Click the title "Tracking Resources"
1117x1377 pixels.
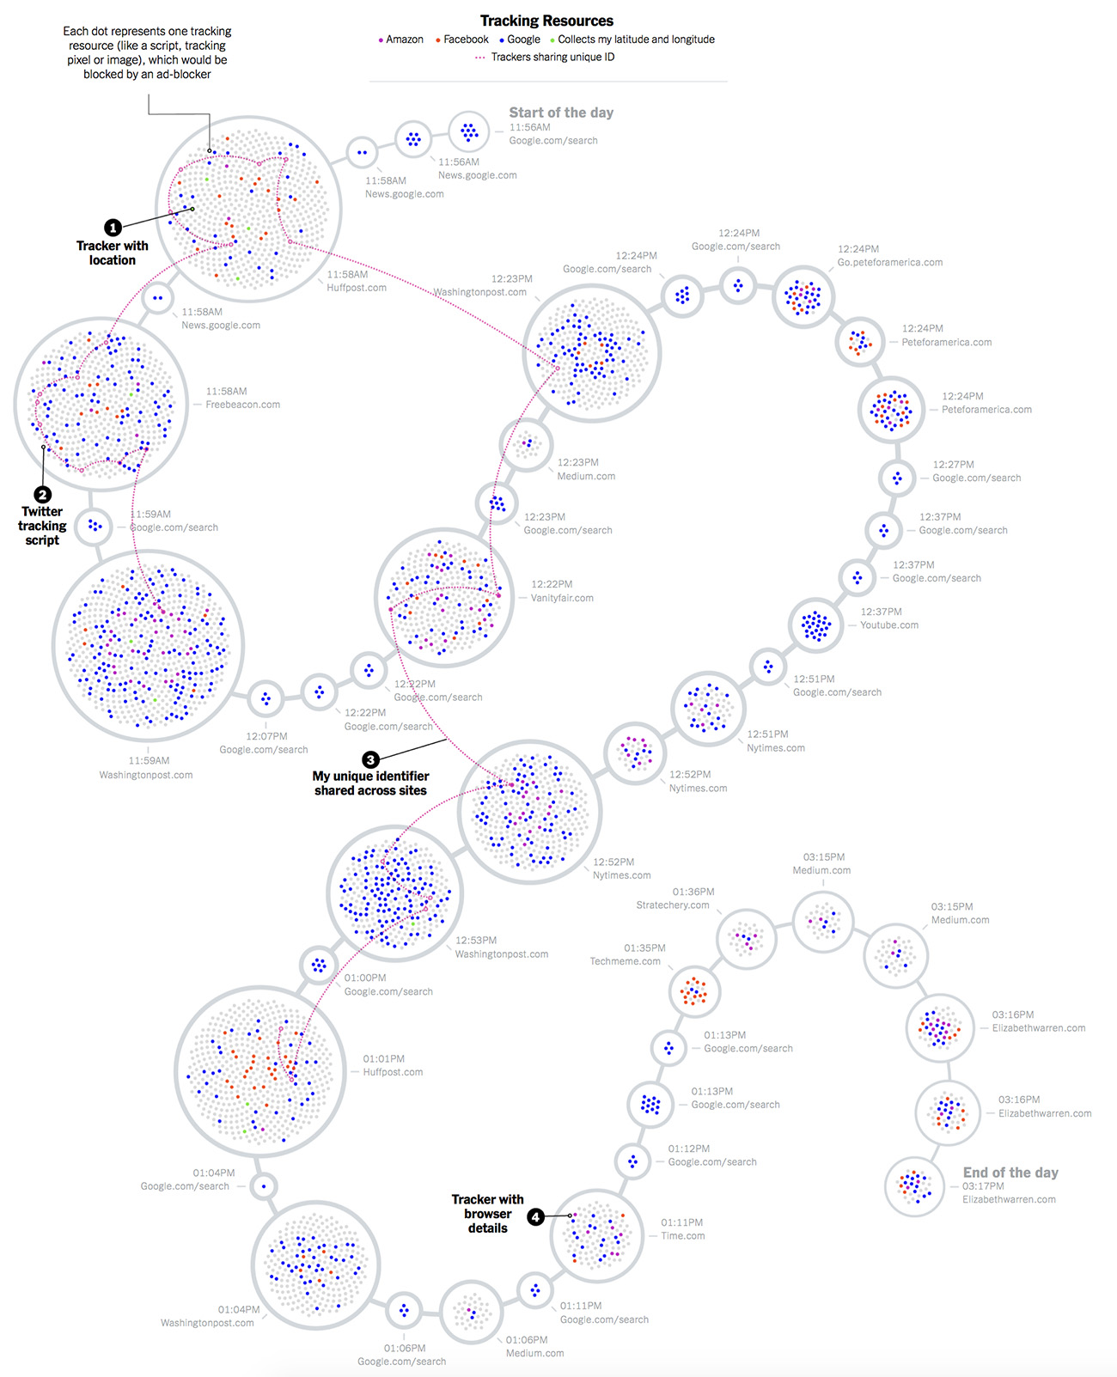click(546, 21)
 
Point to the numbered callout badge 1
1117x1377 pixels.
click(113, 228)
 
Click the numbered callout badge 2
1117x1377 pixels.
click(42, 495)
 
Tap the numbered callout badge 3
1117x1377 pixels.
click(370, 759)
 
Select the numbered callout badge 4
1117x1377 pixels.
click(535, 1217)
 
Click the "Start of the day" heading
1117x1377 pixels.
click(561, 113)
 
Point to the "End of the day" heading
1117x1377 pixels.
click(1010, 1173)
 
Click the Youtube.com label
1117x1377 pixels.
click(889, 625)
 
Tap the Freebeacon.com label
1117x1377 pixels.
click(242, 405)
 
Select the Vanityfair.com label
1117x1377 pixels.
click(562, 598)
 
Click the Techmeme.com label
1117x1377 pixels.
click(625, 961)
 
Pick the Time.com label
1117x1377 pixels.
click(683, 1236)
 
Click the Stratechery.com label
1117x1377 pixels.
click(673, 905)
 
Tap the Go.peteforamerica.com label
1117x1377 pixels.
click(890, 263)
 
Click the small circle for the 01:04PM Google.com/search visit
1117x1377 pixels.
click(264, 1187)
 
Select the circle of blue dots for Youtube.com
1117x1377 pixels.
click(816, 625)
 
